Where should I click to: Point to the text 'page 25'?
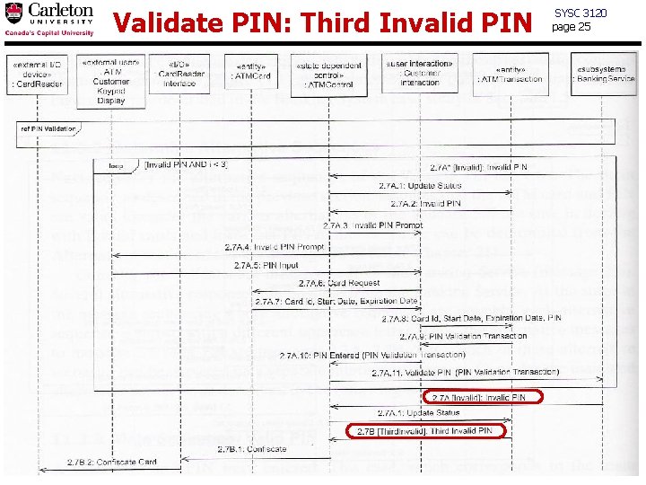[572, 26]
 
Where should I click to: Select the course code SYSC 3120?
[581, 13]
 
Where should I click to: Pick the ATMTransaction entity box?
[511, 74]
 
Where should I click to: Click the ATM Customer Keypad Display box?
[110, 82]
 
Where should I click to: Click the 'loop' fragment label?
[116, 165]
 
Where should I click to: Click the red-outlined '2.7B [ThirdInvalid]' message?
[426, 431]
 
